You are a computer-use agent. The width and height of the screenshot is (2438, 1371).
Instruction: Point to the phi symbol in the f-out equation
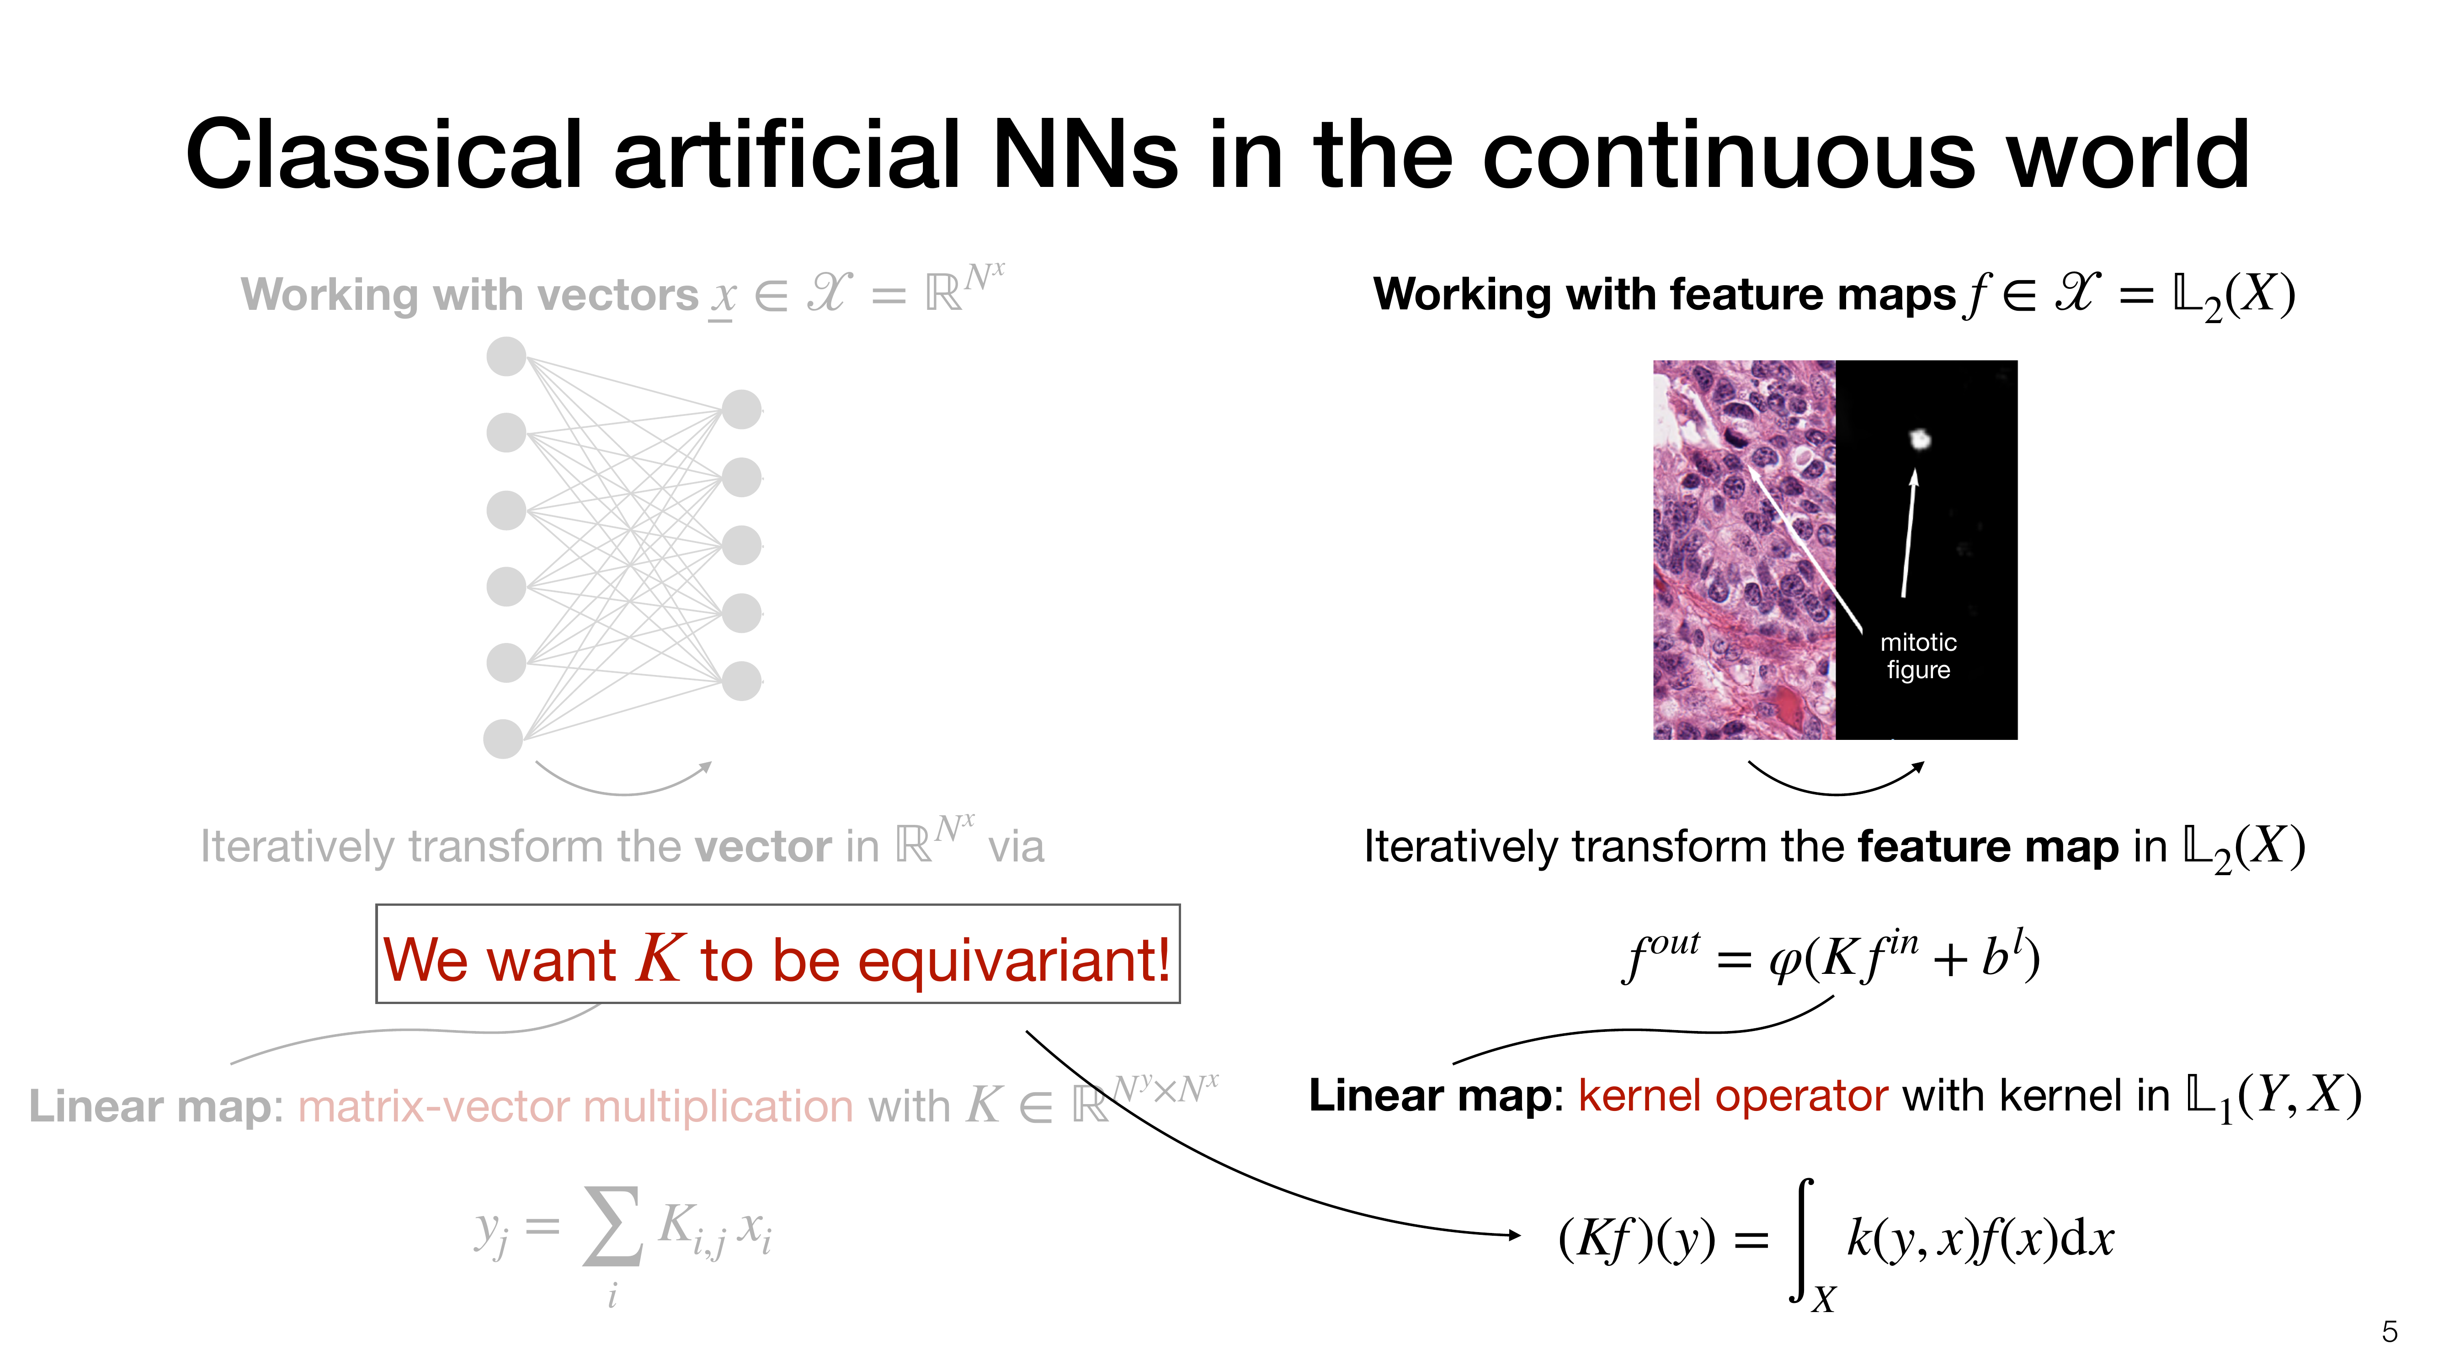tap(1785, 960)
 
